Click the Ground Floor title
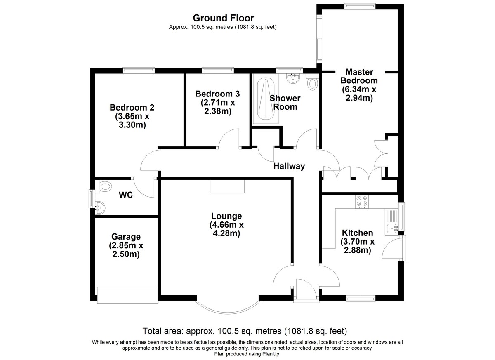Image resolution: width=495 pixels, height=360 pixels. [224, 18]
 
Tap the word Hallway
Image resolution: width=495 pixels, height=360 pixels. [289, 166]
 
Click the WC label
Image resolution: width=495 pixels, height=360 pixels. [126, 195]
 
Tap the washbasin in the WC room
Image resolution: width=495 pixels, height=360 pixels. [100, 207]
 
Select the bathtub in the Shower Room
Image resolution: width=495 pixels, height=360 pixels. [265, 99]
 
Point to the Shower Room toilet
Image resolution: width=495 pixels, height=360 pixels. [312, 82]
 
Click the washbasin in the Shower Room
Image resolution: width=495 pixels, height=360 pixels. [293, 78]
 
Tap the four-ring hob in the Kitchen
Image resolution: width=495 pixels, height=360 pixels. [362, 202]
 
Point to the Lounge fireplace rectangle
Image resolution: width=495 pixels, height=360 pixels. [228, 186]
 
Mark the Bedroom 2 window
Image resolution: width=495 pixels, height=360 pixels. [139, 70]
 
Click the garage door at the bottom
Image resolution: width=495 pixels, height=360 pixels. [128, 295]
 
